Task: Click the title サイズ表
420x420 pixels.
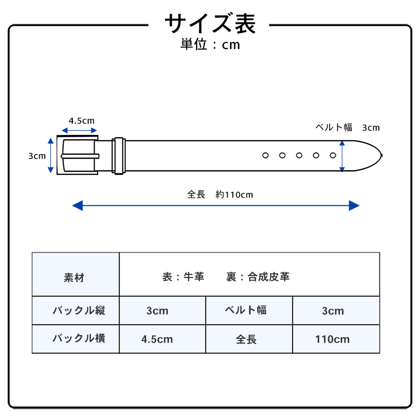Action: point(210,24)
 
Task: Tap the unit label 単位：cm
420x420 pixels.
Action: point(210,44)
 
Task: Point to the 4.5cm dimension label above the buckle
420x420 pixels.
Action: point(81,121)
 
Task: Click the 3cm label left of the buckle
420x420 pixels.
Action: point(37,156)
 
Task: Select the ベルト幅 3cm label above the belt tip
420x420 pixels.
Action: point(347,127)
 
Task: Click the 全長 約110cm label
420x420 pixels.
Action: point(220,195)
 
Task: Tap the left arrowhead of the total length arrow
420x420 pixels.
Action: point(77,205)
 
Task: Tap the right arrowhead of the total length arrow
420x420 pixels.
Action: point(354,205)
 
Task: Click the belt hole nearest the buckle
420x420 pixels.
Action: point(266,155)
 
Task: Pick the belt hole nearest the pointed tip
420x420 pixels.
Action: point(333,155)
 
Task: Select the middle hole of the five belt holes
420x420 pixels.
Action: point(299,155)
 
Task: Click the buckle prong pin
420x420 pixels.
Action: point(80,156)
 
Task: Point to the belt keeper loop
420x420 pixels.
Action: point(119,156)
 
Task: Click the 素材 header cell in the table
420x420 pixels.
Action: point(74,278)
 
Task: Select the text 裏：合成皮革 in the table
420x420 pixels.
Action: point(258,277)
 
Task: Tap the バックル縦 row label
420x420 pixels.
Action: point(79,310)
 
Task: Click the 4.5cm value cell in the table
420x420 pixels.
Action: point(157,339)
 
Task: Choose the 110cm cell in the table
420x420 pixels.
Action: point(332,339)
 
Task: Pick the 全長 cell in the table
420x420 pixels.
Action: point(246,339)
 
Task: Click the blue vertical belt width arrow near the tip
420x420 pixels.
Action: point(342,156)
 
